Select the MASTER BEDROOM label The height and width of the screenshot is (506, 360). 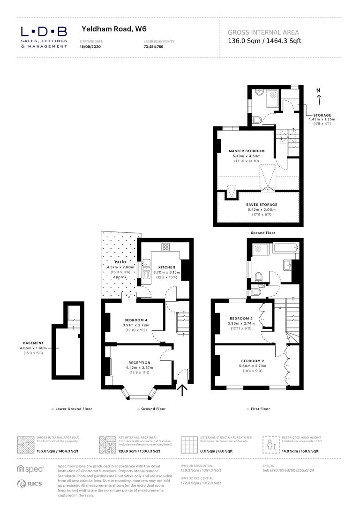tap(247, 151)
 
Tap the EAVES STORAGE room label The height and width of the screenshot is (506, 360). tap(262, 205)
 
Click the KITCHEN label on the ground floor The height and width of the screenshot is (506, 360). tap(166, 267)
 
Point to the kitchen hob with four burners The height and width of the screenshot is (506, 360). tap(166, 247)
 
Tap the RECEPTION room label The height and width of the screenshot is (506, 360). tap(139, 362)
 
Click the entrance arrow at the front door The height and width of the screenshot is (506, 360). tap(182, 389)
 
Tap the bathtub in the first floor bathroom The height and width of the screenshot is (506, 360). tap(285, 248)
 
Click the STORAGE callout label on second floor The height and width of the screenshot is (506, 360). tap(320, 115)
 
